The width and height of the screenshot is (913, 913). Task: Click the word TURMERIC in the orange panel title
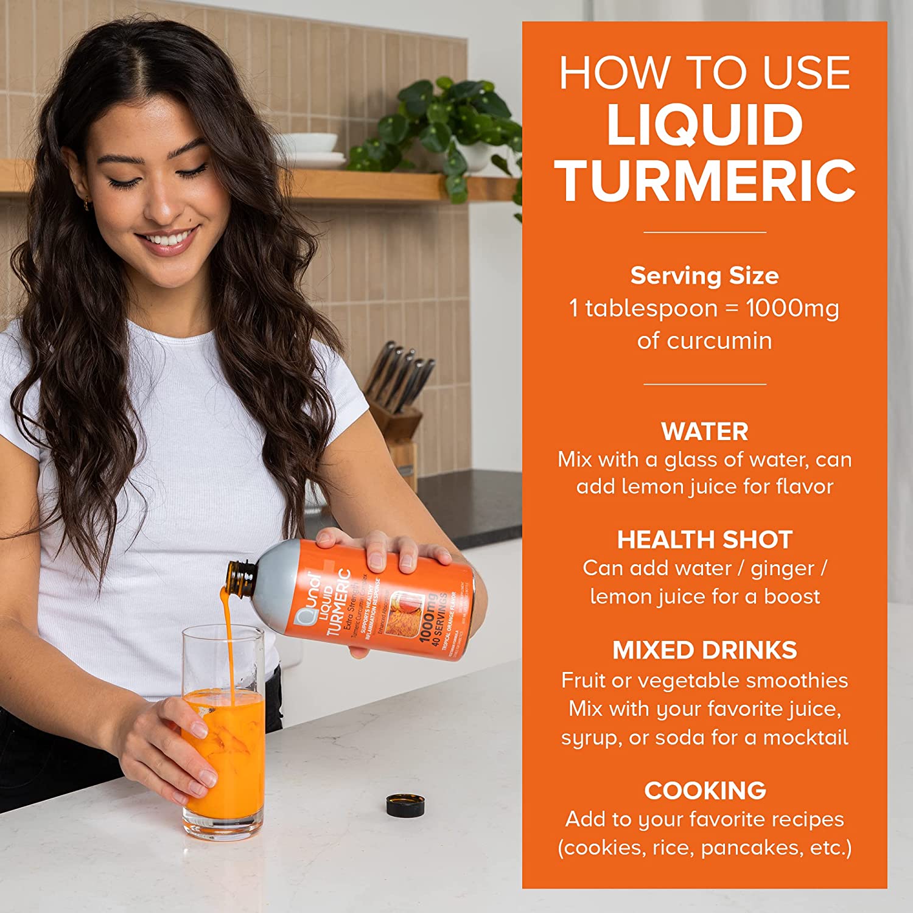705,181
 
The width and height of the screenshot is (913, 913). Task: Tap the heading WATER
705,432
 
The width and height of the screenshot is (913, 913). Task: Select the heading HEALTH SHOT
705,540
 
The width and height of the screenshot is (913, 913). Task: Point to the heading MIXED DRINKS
705,650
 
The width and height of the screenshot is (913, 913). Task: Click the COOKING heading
705,791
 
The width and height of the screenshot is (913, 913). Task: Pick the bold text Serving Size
705,276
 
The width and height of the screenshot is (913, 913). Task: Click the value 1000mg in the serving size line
792,308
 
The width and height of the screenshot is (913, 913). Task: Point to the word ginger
782,569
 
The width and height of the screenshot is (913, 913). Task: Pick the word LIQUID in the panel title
705,125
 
